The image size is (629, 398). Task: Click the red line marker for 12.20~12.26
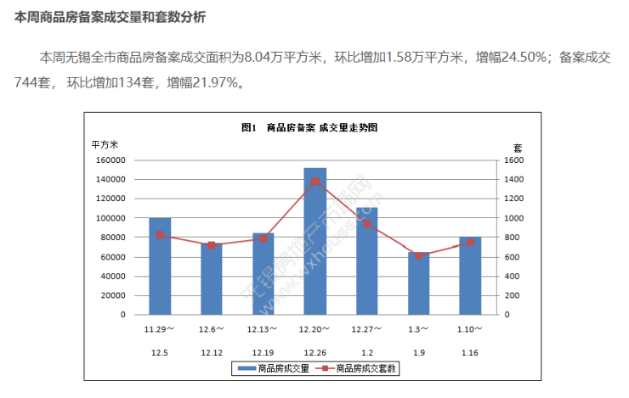coord(314,182)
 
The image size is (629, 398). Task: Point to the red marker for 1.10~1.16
coord(470,243)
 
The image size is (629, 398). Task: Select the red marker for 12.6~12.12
coord(212,245)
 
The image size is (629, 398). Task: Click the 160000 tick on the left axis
coord(110,160)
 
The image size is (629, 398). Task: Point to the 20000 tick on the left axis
coord(113,295)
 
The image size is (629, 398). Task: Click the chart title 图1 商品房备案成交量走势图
coord(309,127)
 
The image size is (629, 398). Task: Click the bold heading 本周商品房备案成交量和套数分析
coord(109,17)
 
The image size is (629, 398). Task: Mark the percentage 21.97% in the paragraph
coord(220,83)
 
